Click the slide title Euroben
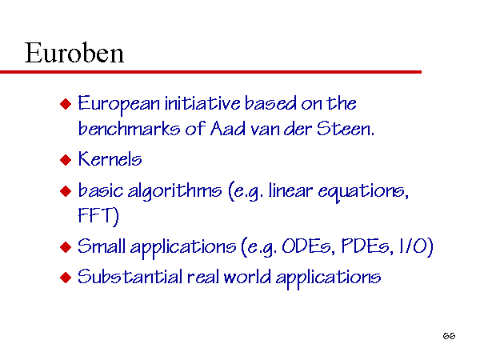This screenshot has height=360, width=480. pyautogui.click(x=74, y=53)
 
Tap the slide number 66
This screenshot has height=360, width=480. pyautogui.click(x=449, y=336)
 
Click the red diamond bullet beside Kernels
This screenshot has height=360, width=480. pyautogui.click(x=66, y=160)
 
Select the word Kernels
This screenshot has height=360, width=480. pyautogui.click(x=110, y=159)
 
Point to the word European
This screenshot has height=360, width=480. pyautogui.click(x=118, y=104)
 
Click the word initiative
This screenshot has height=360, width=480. pyautogui.click(x=202, y=103)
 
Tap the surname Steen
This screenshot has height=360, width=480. pyautogui.click(x=346, y=128)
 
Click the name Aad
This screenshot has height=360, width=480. pyautogui.click(x=228, y=128)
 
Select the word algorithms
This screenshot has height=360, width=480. pyautogui.click(x=174, y=191)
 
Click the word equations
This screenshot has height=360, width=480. pyautogui.click(x=363, y=192)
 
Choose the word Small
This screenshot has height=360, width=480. pyautogui.click(x=102, y=246)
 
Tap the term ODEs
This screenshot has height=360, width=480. pyautogui.click(x=306, y=246)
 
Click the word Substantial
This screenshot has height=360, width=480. pyautogui.click(x=130, y=277)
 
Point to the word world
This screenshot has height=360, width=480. pyautogui.click(x=247, y=277)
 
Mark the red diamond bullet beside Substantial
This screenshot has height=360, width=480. pyautogui.click(x=66, y=278)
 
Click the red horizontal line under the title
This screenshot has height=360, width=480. pyautogui.click(x=210, y=72)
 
